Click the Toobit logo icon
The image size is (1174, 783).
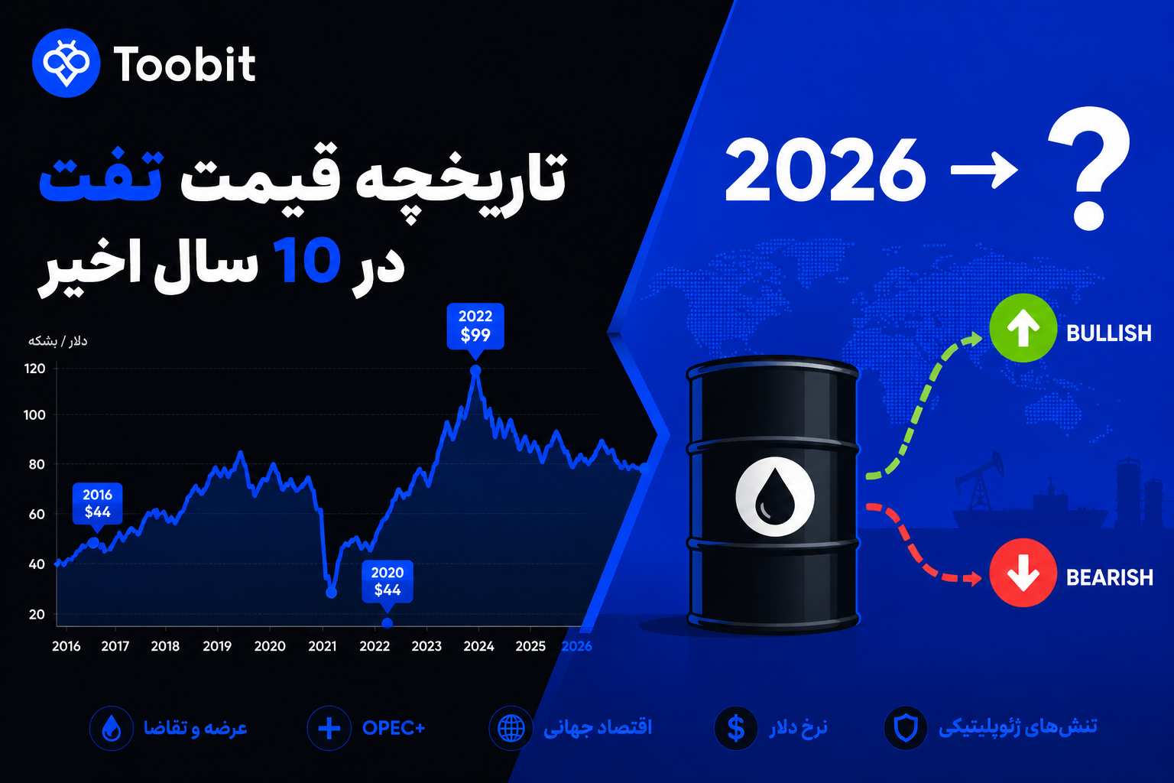66,63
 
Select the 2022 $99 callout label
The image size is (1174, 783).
475,327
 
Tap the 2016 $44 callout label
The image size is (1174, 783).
98,503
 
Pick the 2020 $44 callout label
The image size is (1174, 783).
388,582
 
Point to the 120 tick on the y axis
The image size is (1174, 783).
35,369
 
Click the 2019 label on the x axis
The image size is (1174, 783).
217,646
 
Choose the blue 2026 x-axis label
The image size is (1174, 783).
576,646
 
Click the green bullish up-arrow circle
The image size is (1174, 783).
1023,328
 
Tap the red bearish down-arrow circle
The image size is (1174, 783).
1023,573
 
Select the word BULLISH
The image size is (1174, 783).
1109,333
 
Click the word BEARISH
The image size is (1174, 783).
1110,577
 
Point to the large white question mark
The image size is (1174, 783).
1089,167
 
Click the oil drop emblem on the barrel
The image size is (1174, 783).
774,497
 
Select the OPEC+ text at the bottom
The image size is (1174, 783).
394,728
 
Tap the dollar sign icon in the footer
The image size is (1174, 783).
736,728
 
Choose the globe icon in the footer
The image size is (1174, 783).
511,728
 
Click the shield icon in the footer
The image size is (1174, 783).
906,728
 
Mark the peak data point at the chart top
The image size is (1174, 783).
475,371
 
